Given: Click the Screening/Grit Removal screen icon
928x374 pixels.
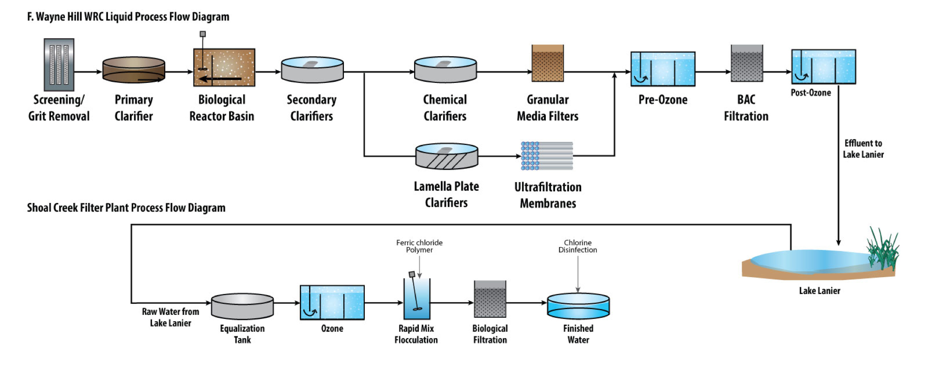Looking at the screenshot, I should pos(59,65).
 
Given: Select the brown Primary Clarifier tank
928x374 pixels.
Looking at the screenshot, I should pos(134,70).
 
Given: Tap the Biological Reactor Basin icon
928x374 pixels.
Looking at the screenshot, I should pos(224,67).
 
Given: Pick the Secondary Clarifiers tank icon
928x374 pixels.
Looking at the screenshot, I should pos(312,70).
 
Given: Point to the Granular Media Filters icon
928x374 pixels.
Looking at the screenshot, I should pos(547,63).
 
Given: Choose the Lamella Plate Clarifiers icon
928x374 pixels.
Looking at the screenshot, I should pos(447,156).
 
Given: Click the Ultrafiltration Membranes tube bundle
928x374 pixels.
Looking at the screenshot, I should pos(547,156).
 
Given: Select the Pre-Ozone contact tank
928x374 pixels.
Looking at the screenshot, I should pos(663,69).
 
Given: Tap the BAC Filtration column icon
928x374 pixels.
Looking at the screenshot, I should pos(746,63).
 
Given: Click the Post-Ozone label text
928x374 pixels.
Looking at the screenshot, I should pos(810,93).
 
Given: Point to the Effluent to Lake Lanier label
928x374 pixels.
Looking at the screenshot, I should pos(863,149).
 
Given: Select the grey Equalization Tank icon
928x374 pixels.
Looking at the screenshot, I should pos(242,306).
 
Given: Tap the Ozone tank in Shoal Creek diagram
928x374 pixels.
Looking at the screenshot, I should pos(332,302).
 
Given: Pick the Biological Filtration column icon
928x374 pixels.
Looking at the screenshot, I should pos(490,299).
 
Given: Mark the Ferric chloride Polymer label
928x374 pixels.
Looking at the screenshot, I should pos(419,246).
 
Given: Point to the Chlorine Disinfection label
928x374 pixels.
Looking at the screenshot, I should pos(577,246).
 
